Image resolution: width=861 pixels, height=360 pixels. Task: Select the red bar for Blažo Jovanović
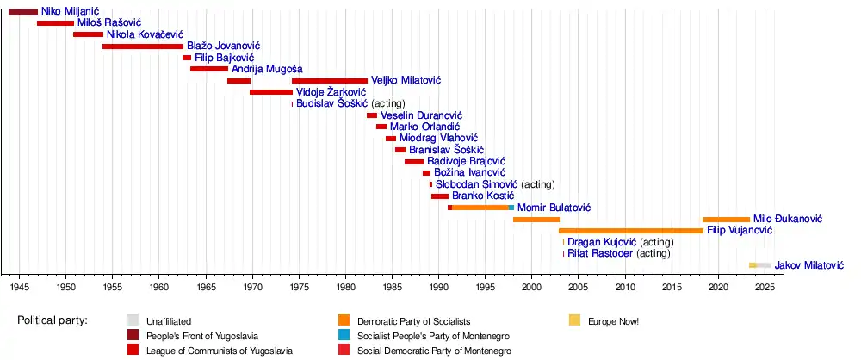pos(142,46)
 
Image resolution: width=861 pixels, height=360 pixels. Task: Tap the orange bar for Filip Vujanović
pos(630,231)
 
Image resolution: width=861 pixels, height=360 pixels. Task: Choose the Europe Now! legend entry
pos(613,321)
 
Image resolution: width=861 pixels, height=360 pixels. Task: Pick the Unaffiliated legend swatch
pos(133,321)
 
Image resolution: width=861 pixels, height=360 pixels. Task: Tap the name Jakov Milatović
pos(809,265)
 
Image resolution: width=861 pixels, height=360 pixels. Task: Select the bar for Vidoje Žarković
pos(271,92)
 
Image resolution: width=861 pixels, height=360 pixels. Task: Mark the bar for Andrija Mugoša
pos(209,69)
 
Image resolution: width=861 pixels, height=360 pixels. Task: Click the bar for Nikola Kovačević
pos(88,34)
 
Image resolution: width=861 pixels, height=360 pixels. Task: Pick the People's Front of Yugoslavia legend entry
pos(201,336)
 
